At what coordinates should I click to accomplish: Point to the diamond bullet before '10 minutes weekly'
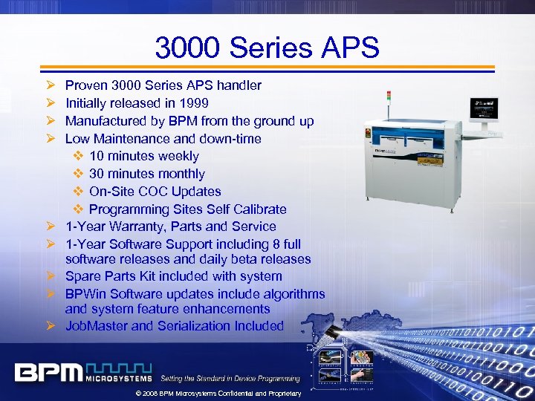click(80, 156)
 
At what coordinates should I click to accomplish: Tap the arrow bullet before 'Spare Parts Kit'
click(51, 276)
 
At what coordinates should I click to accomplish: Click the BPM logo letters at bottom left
click(48, 373)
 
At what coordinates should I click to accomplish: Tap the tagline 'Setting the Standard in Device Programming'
click(230, 379)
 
